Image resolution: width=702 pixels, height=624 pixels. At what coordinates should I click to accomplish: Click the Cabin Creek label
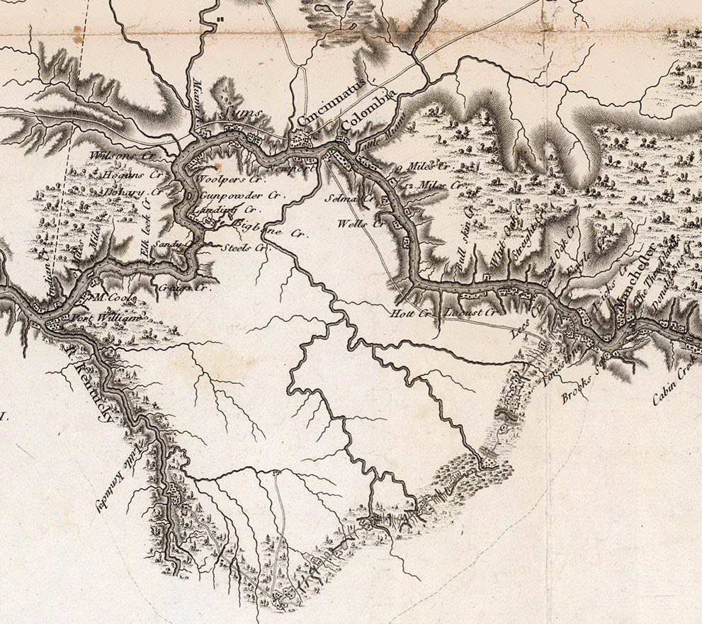pyautogui.click(x=676, y=385)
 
